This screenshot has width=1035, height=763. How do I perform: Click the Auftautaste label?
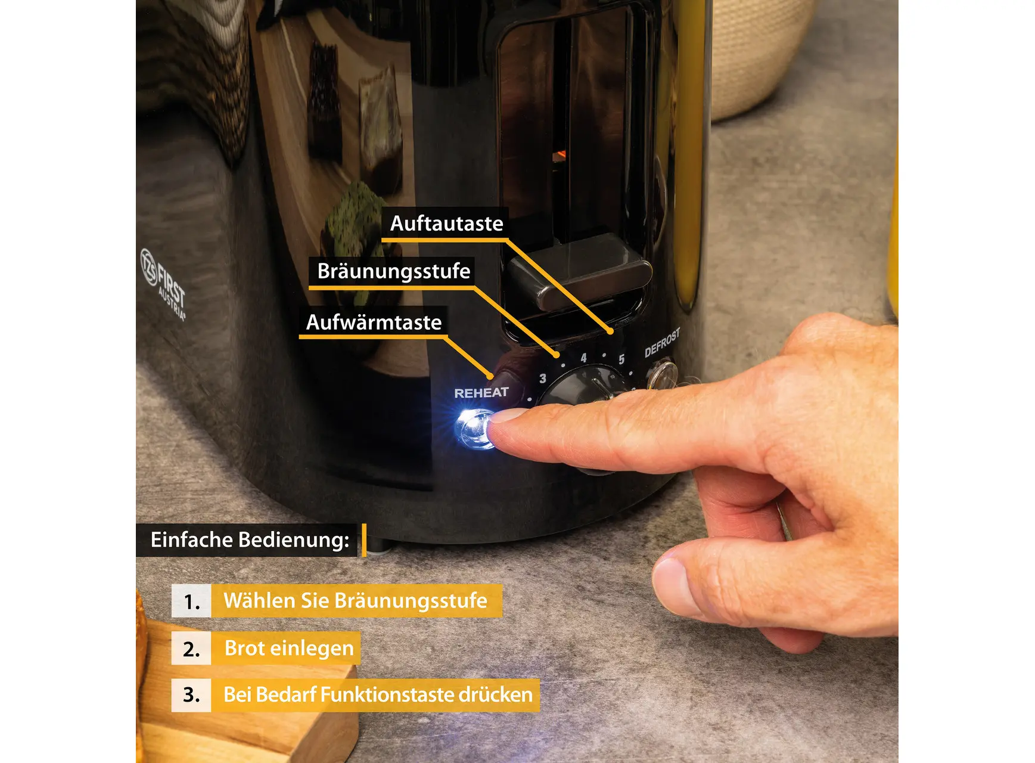[446, 224]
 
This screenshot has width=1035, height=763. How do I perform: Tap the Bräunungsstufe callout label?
[393, 271]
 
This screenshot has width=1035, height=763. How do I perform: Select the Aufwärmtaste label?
[374, 322]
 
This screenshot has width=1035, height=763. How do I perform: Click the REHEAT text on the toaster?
[481, 393]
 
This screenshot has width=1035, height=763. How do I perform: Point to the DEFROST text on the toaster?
[662, 343]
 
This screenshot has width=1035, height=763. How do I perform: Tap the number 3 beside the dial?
[542, 378]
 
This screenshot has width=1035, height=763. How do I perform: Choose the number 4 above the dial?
[583, 358]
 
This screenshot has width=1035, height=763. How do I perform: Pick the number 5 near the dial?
[621, 359]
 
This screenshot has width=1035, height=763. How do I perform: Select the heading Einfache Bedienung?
[250, 540]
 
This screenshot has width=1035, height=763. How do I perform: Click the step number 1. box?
[191, 601]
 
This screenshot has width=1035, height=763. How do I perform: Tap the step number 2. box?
[191, 648]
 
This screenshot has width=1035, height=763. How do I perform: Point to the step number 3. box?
[191, 695]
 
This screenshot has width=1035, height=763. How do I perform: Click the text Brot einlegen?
[289, 648]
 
